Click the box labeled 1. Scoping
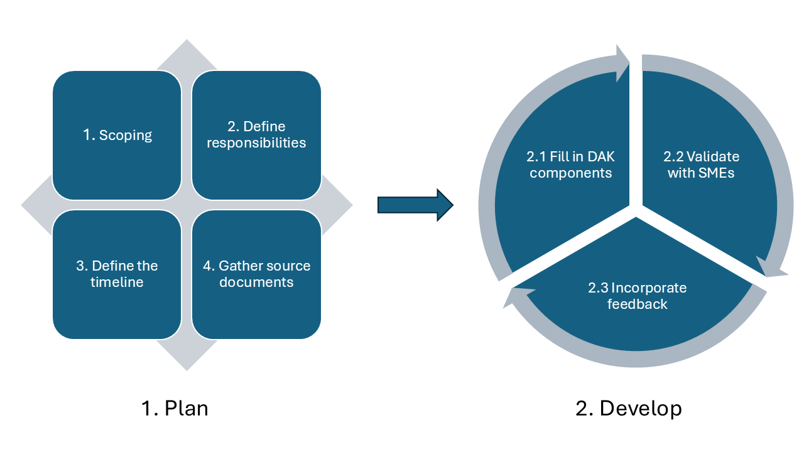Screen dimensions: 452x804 click(117, 135)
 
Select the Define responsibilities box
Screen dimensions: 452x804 click(256, 135)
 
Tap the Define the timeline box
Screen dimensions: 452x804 click(117, 274)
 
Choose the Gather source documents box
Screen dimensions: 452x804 click(256, 274)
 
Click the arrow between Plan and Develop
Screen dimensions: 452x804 click(415, 205)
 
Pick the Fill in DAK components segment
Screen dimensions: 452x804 click(565, 164)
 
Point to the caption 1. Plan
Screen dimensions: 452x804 click(174, 409)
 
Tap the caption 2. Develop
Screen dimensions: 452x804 click(628, 409)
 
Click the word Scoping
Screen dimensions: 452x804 click(126, 136)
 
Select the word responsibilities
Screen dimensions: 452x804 click(256, 143)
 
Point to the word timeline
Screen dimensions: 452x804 click(117, 282)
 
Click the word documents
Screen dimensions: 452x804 click(256, 282)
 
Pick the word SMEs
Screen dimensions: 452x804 click(716, 173)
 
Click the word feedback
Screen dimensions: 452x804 click(637, 304)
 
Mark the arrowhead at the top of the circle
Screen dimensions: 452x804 click(623, 63)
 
